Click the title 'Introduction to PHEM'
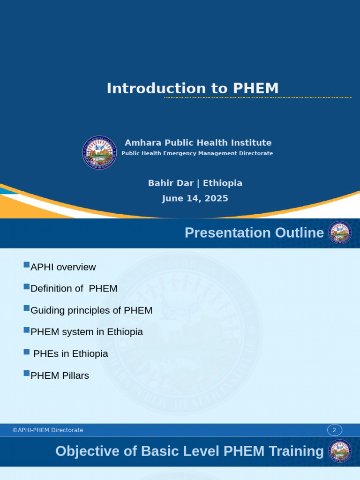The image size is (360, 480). [x=193, y=88]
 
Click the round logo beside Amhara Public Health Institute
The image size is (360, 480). [x=100, y=152]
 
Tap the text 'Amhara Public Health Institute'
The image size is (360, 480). [x=198, y=142]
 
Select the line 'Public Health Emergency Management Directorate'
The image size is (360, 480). [x=197, y=153]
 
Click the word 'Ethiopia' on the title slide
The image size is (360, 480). [x=223, y=183]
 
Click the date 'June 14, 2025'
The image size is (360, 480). [x=195, y=198]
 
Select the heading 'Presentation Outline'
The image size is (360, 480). [x=254, y=232]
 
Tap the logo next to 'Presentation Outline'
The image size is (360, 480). [x=340, y=233]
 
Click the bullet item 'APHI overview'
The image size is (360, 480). [x=63, y=267]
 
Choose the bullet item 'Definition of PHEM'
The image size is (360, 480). [x=74, y=289]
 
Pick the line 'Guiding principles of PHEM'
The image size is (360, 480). [x=91, y=310]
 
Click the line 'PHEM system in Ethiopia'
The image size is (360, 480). [x=86, y=332]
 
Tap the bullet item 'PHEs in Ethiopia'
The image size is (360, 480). [x=70, y=354]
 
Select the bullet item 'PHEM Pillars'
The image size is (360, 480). [x=60, y=375]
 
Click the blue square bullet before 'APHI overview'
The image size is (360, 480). [x=26, y=265]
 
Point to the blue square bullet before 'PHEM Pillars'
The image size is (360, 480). [x=26, y=374]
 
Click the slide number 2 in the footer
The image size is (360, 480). [x=334, y=430]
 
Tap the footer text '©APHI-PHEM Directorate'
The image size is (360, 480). [x=48, y=430]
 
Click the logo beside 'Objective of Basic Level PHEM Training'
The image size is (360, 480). [x=340, y=451]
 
